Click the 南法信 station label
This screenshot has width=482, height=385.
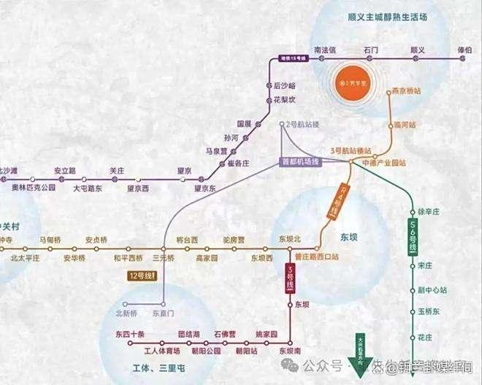(324, 50)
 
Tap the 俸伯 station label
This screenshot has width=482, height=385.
(464, 50)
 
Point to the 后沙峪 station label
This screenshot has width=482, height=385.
(285, 86)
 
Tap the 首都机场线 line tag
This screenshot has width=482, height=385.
(301, 161)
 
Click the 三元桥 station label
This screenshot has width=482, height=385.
(163, 257)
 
